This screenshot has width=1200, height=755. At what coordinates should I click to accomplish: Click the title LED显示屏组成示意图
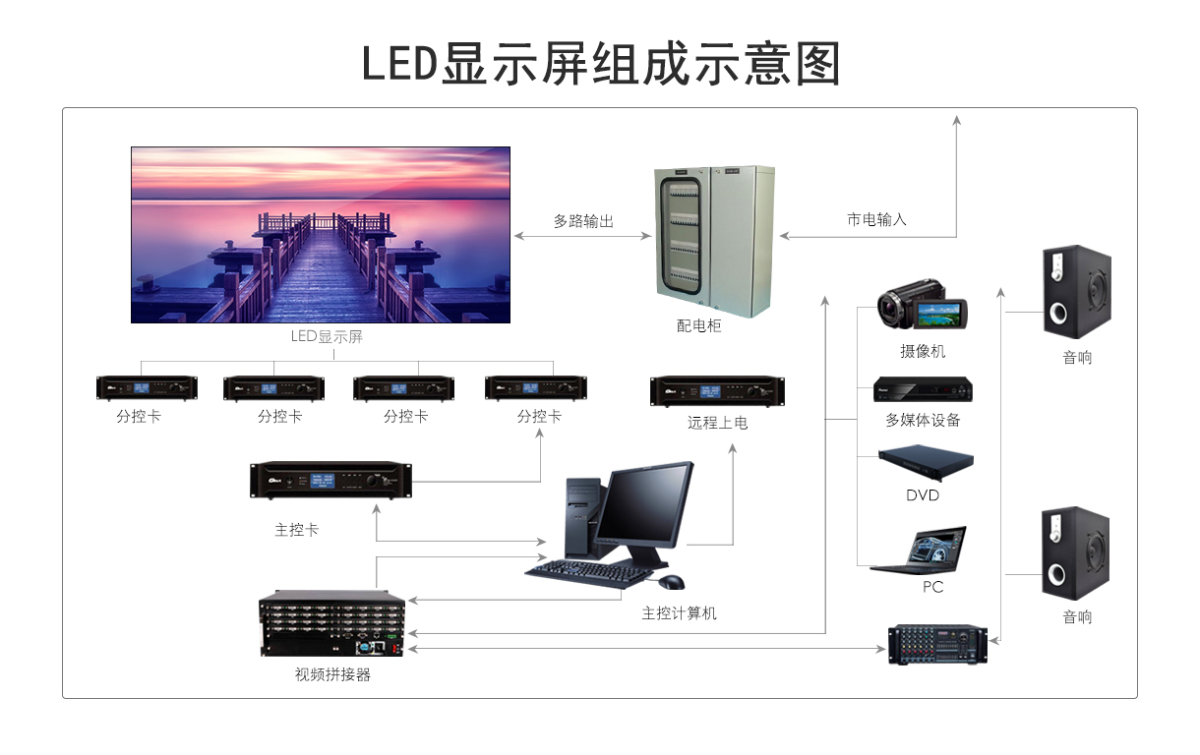pos(600,64)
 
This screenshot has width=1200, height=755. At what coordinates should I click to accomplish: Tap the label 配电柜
pos(699,325)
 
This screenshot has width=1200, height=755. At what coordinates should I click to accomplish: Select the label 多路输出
pos(583,222)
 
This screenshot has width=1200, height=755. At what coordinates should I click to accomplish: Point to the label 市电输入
pos(876,220)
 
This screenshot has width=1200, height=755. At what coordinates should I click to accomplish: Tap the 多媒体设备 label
pos(923,420)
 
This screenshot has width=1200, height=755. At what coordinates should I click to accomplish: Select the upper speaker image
pos(1076,292)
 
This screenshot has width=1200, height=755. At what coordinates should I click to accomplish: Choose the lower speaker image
pos(1076,552)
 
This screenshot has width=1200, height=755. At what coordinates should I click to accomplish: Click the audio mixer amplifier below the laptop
pos(937,644)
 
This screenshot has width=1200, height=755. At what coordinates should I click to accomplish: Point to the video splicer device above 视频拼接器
pos(332,625)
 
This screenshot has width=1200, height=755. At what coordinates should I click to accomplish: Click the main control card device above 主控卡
pos(330,480)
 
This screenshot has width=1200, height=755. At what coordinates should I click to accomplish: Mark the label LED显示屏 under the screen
pos(327,337)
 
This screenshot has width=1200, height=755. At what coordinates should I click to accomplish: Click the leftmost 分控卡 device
pos(147,387)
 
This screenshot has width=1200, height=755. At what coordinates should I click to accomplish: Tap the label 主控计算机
pos(679,613)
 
